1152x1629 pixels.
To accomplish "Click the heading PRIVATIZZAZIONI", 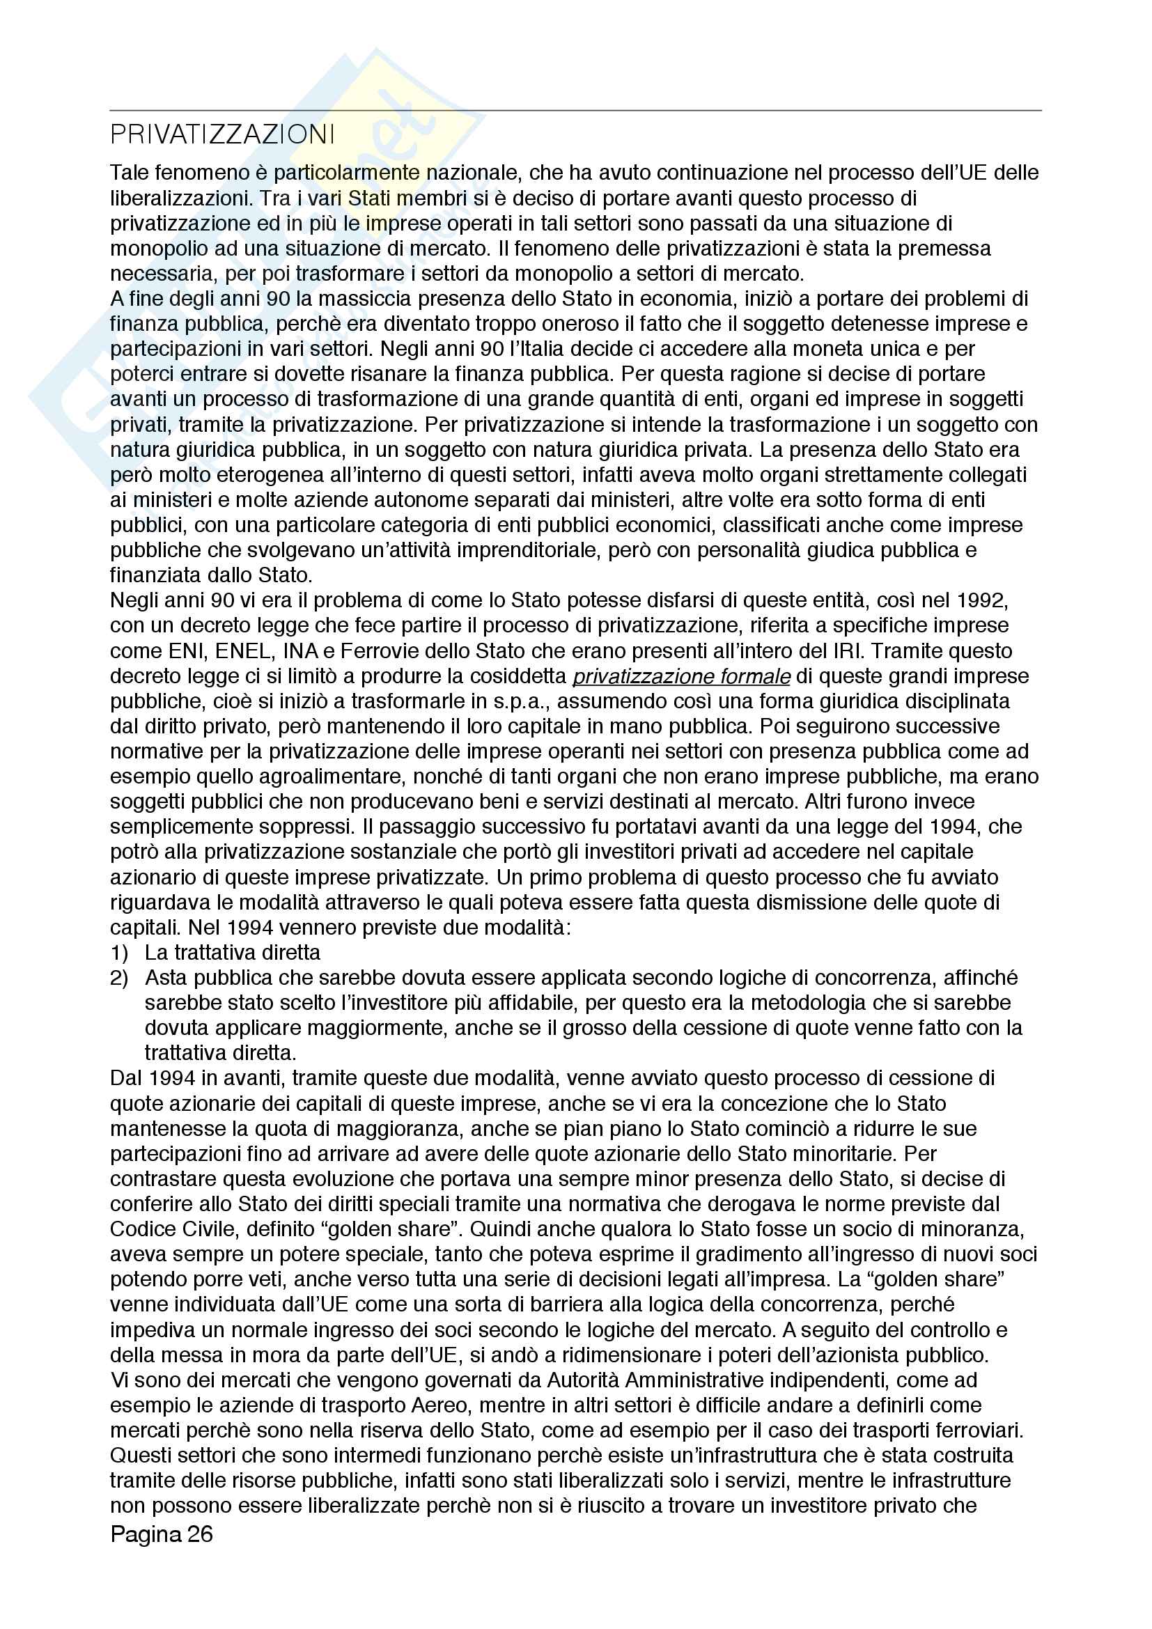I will pos(222,135).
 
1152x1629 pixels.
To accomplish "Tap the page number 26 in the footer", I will pos(200,1533).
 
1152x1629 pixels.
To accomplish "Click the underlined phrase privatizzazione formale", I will pos(681,676).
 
